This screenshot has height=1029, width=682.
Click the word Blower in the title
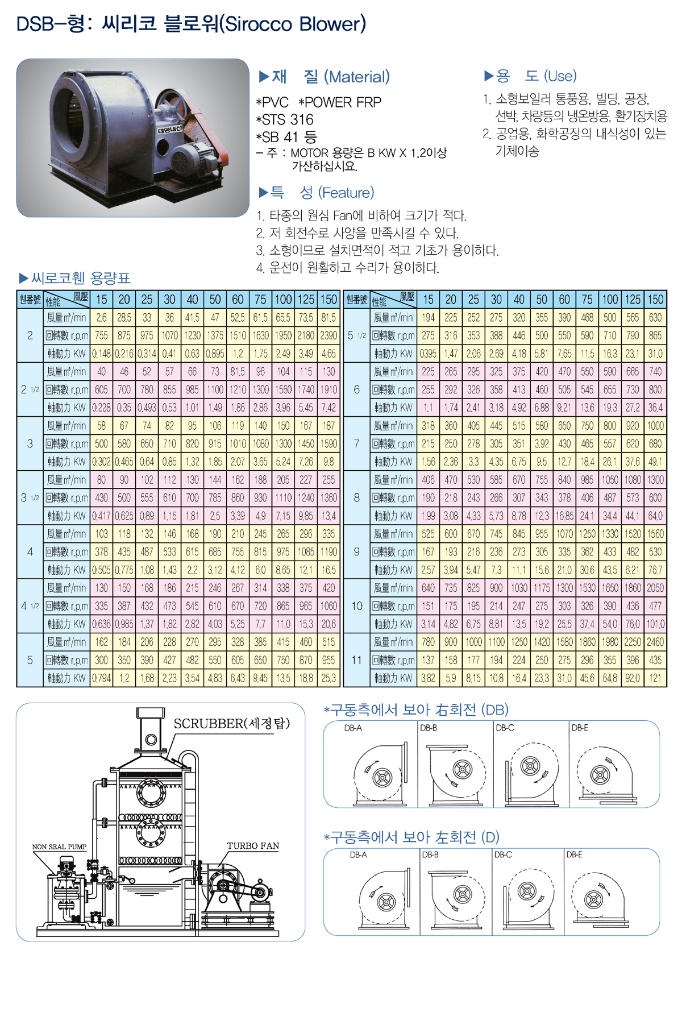tap(332, 24)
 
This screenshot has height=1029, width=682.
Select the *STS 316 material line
tap(285, 119)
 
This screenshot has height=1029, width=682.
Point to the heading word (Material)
tap(357, 77)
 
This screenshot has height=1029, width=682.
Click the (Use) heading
tap(560, 76)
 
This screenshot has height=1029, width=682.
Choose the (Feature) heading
tap(346, 193)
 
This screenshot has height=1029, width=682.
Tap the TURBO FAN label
tap(253, 845)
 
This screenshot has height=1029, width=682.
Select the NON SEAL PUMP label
tap(59, 847)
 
